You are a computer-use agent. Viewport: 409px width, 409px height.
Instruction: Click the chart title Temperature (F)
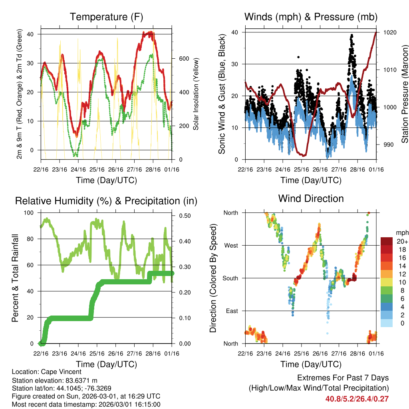pos(106,17)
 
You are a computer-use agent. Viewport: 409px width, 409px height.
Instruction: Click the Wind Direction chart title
pos(311,198)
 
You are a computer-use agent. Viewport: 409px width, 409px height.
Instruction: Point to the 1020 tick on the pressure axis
pos(389,32)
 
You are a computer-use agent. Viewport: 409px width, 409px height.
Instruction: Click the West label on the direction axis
pos(231,245)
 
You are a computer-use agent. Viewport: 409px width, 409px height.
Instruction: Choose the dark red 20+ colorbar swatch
pos(387,241)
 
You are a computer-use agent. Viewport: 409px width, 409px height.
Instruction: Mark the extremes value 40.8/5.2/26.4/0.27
pos(357,399)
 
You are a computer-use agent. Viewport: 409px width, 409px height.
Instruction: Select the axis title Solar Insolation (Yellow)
pos(196,94)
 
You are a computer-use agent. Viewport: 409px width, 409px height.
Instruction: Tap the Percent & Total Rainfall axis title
pos(15,278)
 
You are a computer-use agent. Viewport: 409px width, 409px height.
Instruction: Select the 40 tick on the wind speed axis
pos(236,32)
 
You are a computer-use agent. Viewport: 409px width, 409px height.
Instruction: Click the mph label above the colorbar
pos(401,232)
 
